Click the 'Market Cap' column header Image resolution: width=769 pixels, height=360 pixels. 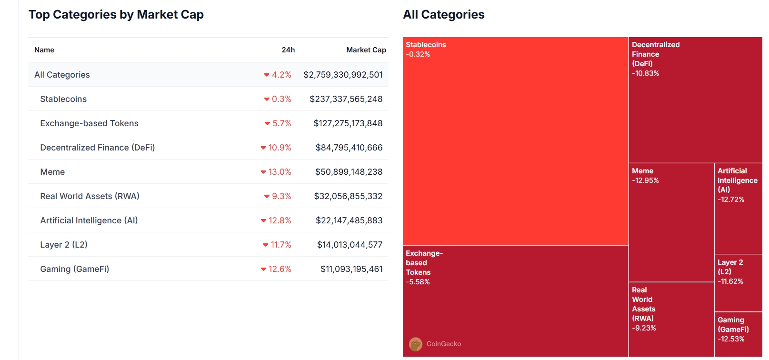click(x=366, y=50)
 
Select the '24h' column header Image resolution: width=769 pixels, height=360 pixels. click(x=288, y=50)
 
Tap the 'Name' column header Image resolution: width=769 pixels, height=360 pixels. click(x=44, y=50)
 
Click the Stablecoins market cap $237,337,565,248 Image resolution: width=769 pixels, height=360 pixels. click(x=346, y=99)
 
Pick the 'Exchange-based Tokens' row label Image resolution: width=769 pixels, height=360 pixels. click(x=89, y=123)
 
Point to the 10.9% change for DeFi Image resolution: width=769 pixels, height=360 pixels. click(x=280, y=148)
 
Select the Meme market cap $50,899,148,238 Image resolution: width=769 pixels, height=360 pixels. click(x=349, y=172)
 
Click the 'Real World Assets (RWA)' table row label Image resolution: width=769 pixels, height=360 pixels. click(x=90, y=196)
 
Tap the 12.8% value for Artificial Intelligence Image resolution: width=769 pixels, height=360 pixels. click(x=280, y=220)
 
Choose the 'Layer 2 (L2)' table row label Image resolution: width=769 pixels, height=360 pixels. click(x=64, y=245)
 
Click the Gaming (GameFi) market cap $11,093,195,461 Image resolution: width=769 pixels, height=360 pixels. click(x=351, y=269)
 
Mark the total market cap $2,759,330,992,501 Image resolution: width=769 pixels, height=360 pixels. click(x=343, y=75)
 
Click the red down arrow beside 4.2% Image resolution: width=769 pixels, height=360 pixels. click(x=267, y=75)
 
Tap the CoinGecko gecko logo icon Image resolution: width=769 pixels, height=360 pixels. click(x=416, y=344)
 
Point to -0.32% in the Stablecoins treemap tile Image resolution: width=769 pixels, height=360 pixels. click(x=418, y=54)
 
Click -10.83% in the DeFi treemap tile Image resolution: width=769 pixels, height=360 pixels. click(x=645, y=73)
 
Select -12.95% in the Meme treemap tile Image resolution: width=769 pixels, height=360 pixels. click(x=645, y=180)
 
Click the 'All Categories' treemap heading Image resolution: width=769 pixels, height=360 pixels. click(x=443, y=15)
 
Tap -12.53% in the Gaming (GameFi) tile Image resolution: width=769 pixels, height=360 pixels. click(x=731, y=339)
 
